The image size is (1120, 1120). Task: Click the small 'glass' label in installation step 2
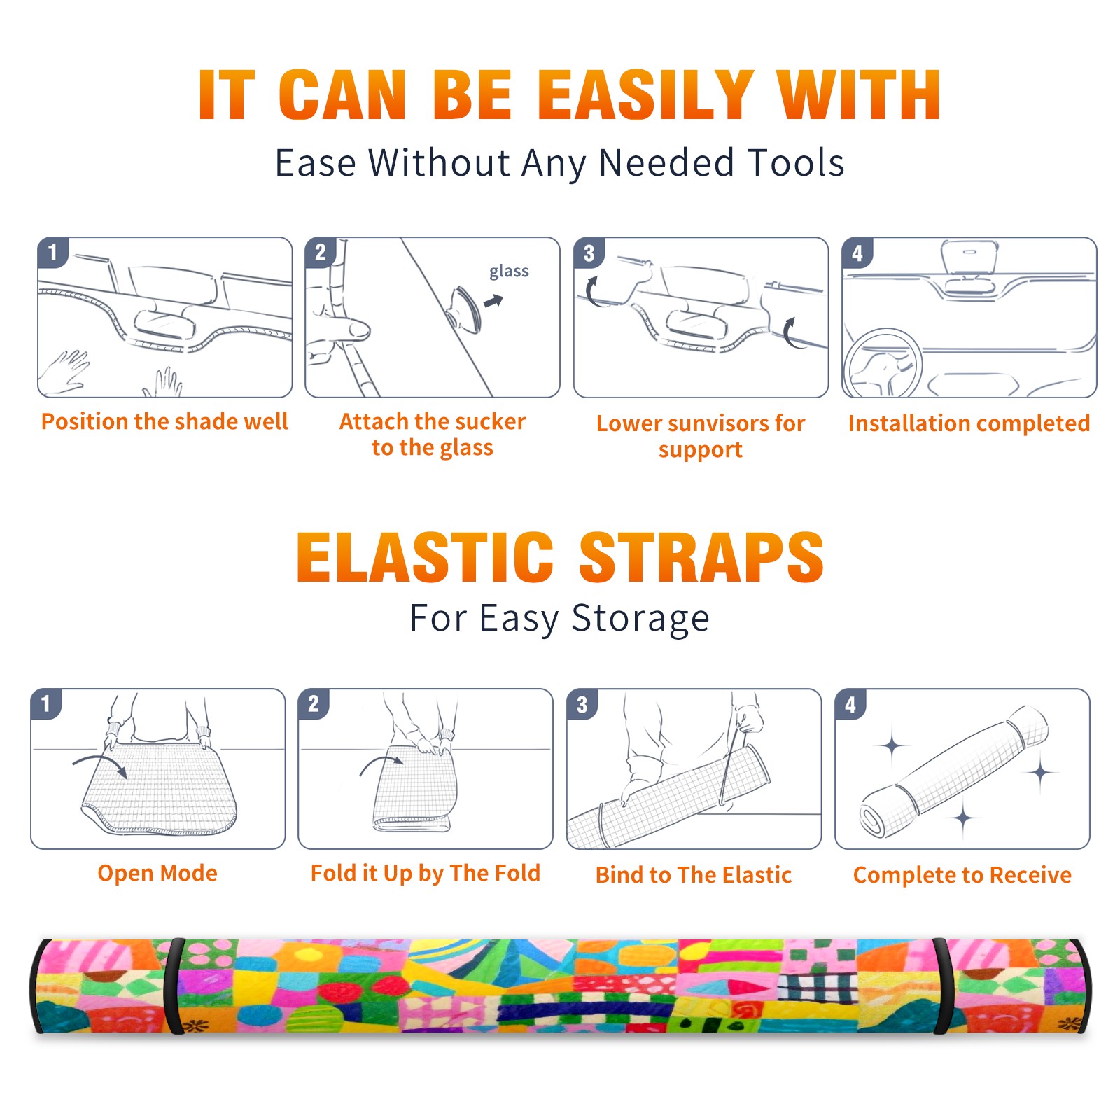(509, 272)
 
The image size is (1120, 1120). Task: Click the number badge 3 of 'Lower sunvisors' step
(589, 253)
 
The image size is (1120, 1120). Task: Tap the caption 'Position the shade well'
(164, 421)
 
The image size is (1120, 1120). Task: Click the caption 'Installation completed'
(969, 423)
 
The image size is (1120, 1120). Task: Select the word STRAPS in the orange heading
(701, 557)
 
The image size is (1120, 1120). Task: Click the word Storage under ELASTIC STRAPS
(640, 619)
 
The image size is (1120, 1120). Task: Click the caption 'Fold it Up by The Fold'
(426, 873)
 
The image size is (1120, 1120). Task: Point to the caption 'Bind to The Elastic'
(694, 875)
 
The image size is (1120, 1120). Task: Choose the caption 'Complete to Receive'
(962, 875)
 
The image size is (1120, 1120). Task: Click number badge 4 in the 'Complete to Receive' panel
(850, 704)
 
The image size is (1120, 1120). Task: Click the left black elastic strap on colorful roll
(172, 986)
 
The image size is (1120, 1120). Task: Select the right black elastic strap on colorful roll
(941, 986)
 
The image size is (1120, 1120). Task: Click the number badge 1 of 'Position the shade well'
(52, 252)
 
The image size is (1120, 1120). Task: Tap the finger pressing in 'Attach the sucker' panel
(343, 328)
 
